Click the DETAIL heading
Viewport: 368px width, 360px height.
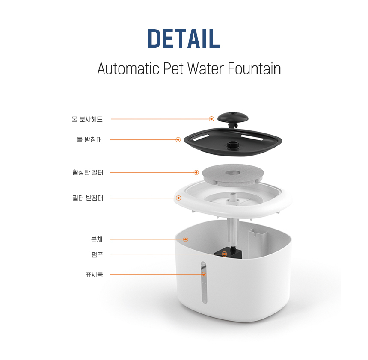[x=184, y=38]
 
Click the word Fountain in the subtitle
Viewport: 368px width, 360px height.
[x=254, y=68]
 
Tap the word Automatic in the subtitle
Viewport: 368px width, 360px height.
[x=128, y=68]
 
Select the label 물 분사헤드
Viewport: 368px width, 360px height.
[x=87, y=119]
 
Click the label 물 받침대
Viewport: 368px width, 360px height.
[x=89, y=139]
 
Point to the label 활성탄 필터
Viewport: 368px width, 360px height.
[x=88, y=172]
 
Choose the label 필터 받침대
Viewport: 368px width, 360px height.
[x=88, y=198]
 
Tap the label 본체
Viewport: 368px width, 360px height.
[x=97, y=239]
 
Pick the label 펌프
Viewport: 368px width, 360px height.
[x=97, y=254]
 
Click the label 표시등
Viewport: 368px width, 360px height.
[x=94, y=274]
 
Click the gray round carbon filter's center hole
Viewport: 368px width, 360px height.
[x=233, y=173]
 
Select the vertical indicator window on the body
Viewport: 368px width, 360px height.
[x=204, y=282]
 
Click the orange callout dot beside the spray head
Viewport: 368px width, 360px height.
[x=211, y=119]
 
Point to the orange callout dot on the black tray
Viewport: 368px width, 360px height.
[x=178, y=139]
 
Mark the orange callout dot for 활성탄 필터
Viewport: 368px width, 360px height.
[x=196, y=172]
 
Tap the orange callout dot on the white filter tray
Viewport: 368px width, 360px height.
[x=178, y=198]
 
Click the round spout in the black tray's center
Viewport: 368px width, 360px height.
[x=233, y=145]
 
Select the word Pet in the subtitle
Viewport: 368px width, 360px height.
[x=173, y=68]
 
